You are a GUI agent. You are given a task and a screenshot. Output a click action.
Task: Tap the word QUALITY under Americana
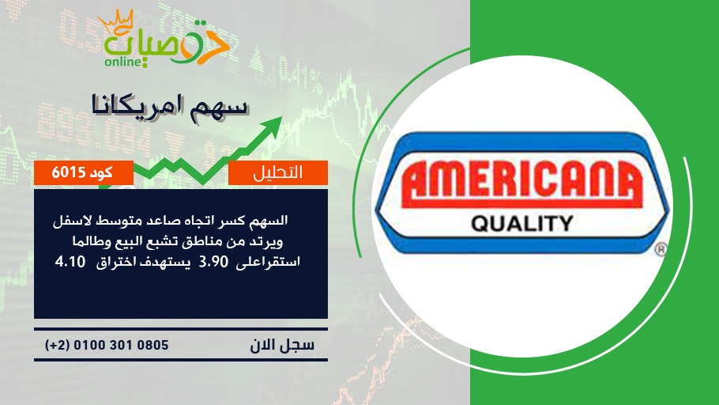pyautogui.click(x=522, y=224)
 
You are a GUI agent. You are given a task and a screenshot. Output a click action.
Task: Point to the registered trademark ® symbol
pyautogui.click(x=660, y=249)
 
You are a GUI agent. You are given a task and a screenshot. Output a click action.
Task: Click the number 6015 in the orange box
pyautogui.click(x=68, y=172)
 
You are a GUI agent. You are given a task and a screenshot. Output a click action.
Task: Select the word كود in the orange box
pyautogui.click(x=101, y=172)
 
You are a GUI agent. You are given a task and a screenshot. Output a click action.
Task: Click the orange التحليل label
pyautogui.click(x=278, y=172)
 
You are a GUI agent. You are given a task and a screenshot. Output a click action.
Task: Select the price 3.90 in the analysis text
pyautogui.click(x=213, y=262)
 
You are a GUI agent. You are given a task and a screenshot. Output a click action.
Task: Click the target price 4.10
pyautogui.click(x=70, y=262)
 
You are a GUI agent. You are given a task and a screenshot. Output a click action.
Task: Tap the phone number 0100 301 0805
pyautogui.click(x=121, y=345)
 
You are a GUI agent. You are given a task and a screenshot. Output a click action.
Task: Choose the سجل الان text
pyautogui.click(x=282, y=345)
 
